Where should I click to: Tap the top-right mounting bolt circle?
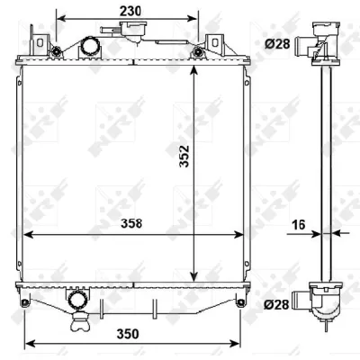(x=198, y=50)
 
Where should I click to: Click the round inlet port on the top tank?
(x=90, y=47)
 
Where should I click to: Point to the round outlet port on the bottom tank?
(x=78, y=299)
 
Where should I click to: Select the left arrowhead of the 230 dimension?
(x=59, y=17)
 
